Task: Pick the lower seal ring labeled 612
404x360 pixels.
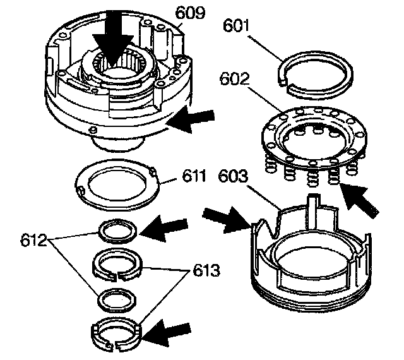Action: tap(117, 299)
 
